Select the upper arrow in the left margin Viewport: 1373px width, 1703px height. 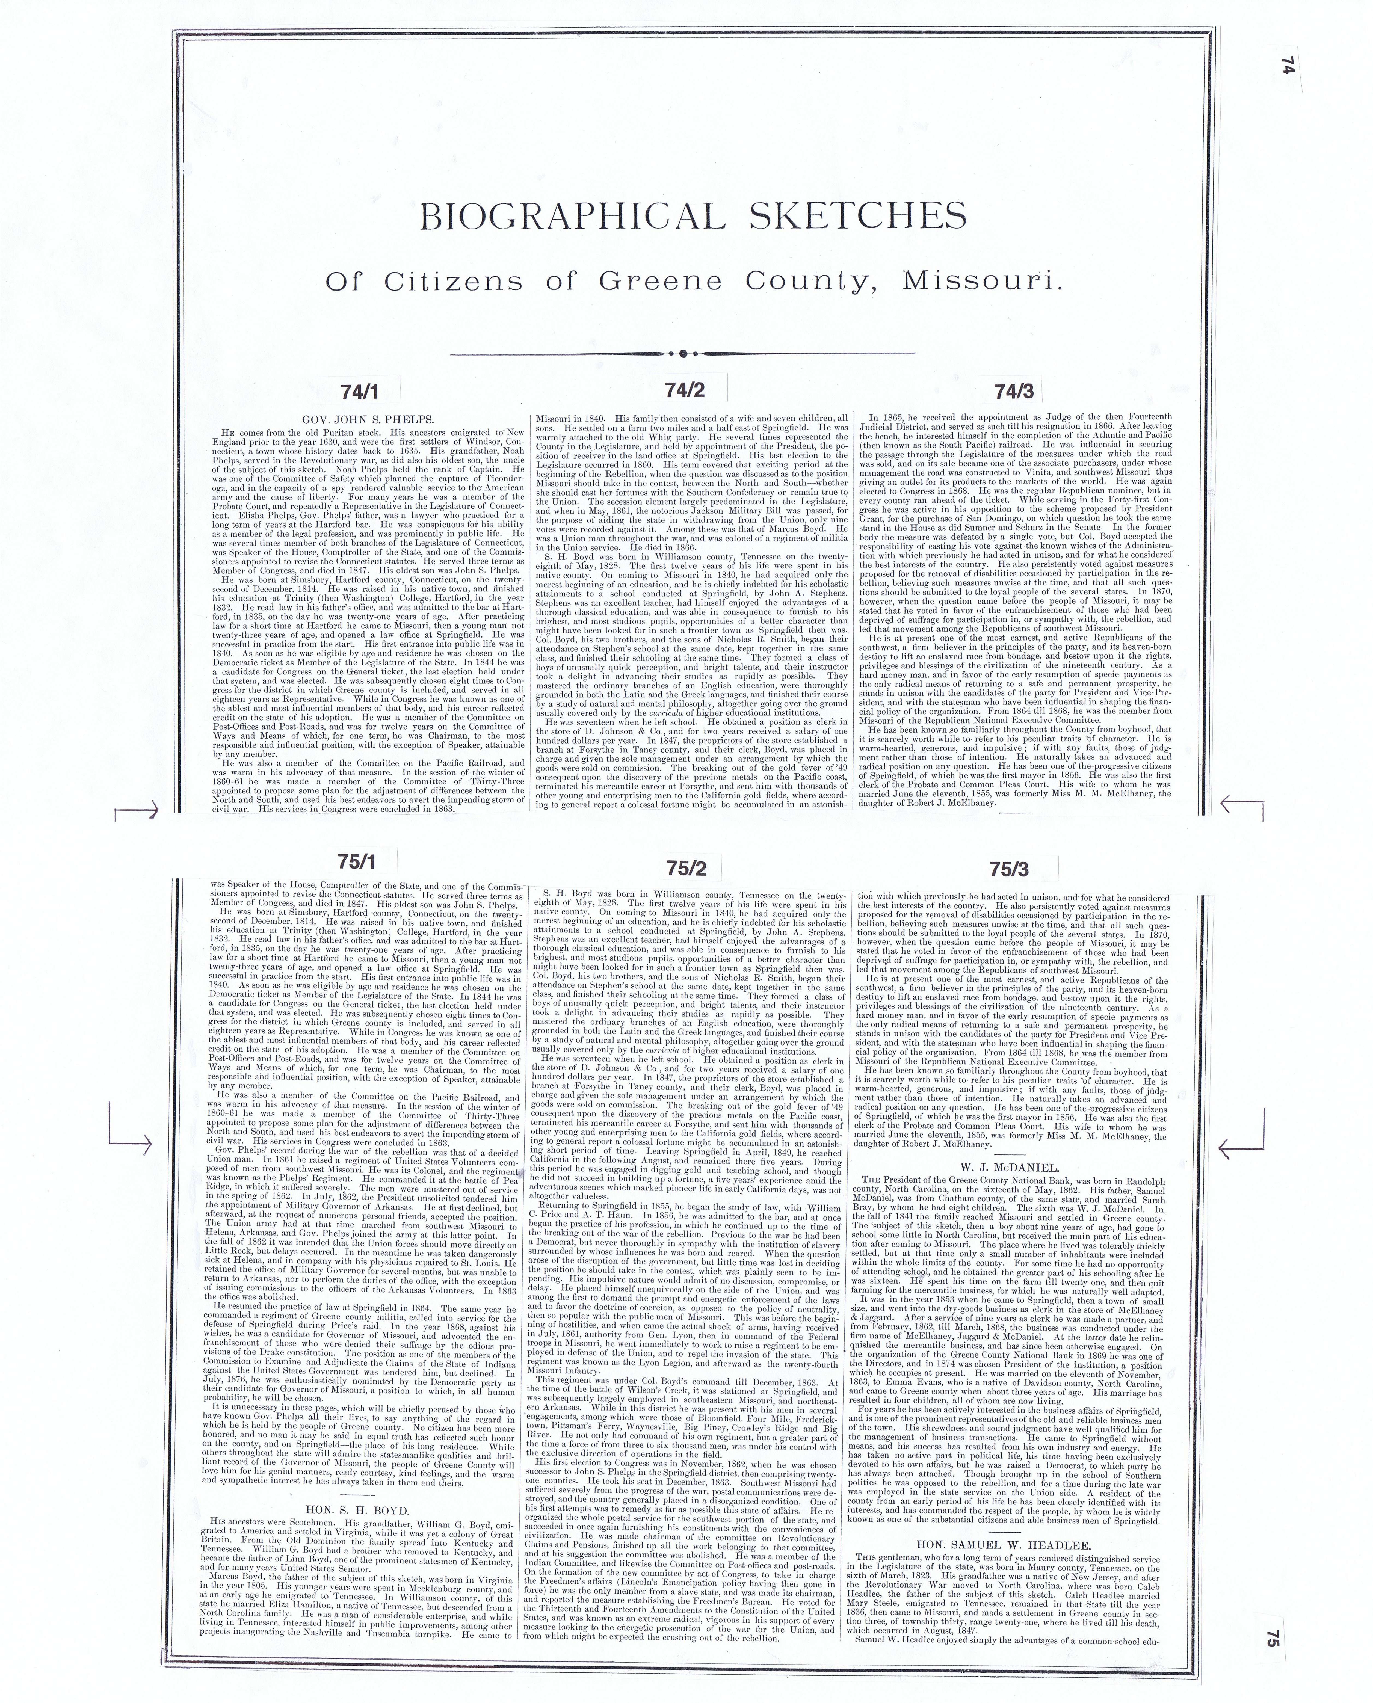click(138, 809)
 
